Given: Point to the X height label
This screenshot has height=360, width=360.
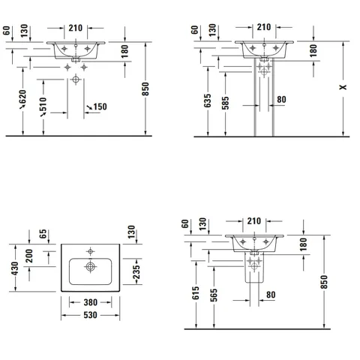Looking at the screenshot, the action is [343, 87].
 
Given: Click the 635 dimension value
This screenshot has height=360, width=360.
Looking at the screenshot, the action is [208, 100].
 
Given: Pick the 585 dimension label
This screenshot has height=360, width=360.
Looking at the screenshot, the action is [225, 103].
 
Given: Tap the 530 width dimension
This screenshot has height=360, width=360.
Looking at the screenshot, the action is [90, 315].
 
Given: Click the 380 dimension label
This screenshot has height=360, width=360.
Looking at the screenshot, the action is [90, 302].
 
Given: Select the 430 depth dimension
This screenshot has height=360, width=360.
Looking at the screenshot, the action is [15, 268].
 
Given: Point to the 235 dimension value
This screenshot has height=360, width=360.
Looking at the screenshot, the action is [136, 272].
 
